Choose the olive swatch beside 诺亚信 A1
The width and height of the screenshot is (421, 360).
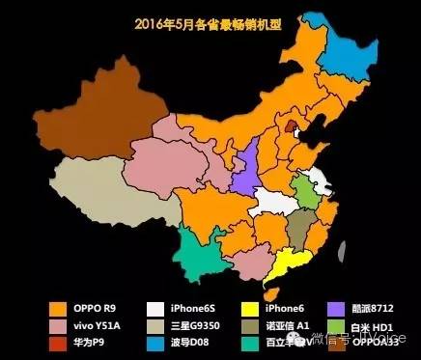(251, 325)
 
